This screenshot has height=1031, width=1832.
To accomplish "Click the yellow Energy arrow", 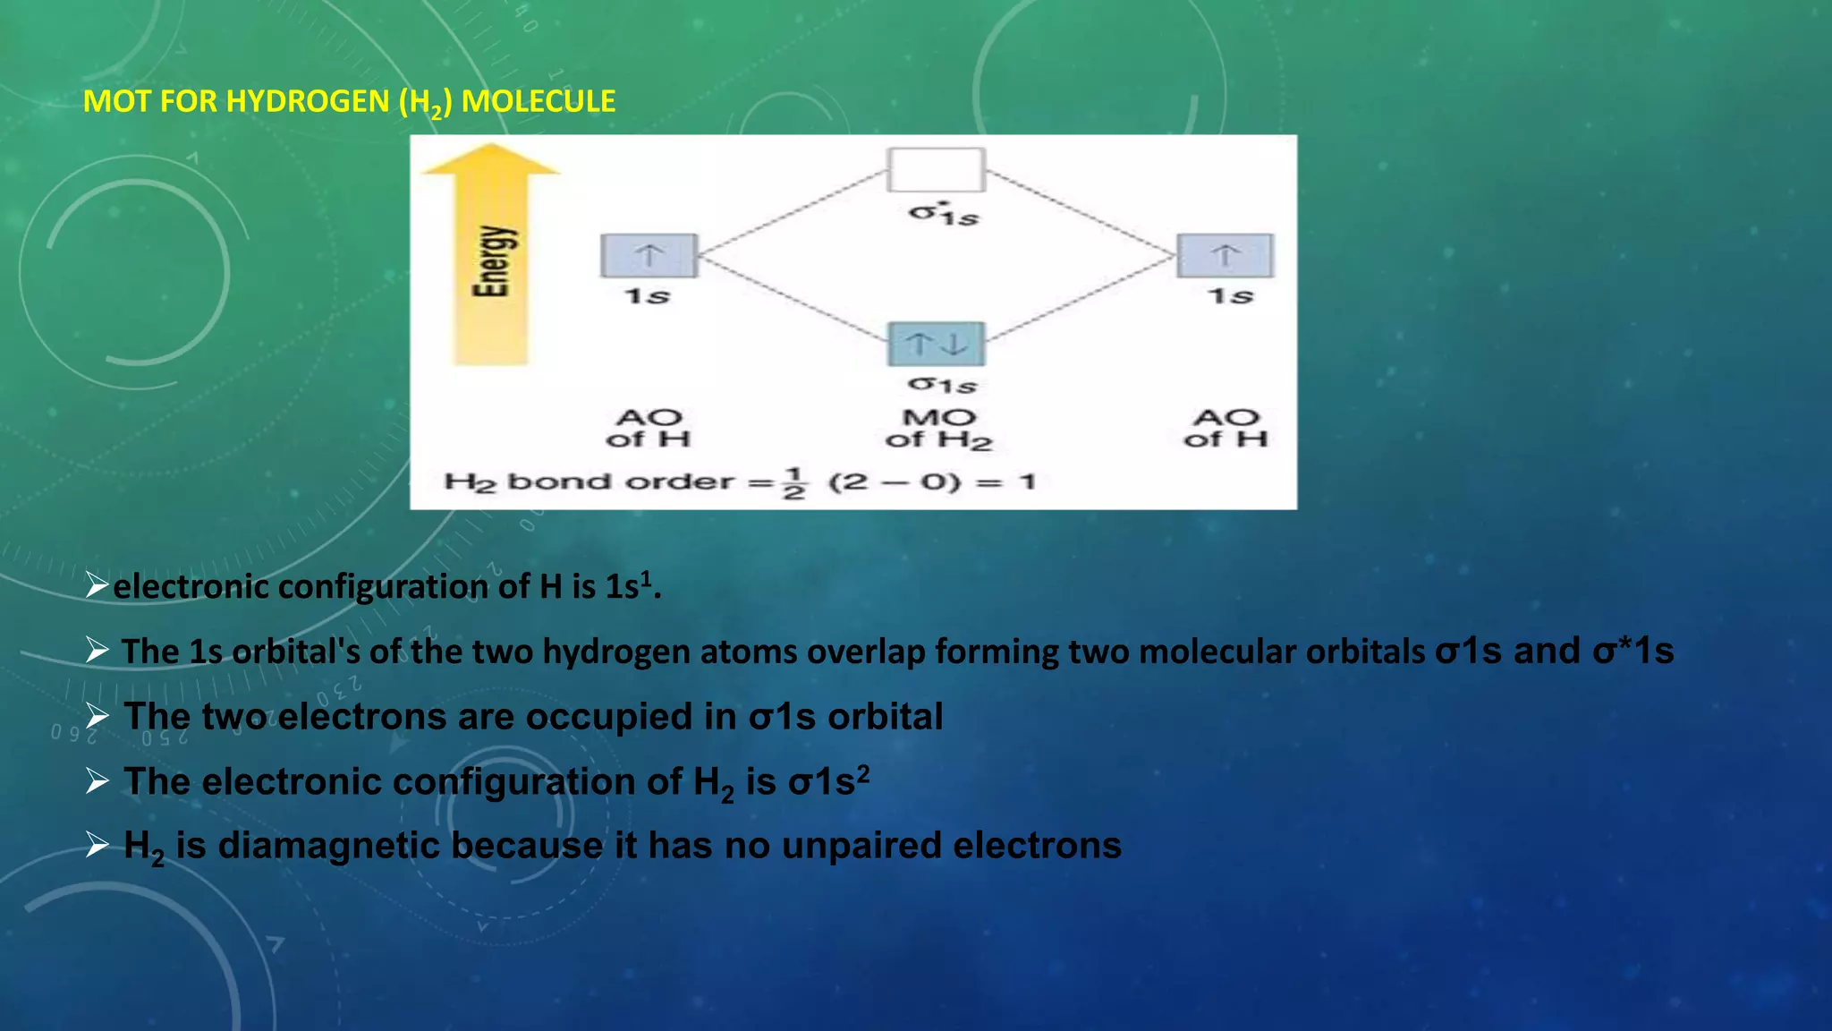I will [x=490, y=260].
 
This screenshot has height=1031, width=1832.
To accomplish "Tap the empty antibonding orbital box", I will [x=936, y=170].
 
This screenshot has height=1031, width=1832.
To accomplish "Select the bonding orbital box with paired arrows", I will [x=936, y=344].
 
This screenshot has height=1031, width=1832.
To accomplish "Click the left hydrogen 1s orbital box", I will [x=649, y=255].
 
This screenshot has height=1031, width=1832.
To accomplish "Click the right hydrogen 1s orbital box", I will [x=1225, y=255].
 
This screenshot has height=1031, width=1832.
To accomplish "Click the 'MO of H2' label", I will [x=938, y=429].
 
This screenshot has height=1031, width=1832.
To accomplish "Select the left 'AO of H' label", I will [x=649, y=428].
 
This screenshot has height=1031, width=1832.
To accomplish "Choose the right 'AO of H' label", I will [x=1226, y=428].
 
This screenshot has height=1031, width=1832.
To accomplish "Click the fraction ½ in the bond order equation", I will [x=793, y=482].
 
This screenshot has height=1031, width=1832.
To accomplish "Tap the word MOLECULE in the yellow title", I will [x=539, y=101].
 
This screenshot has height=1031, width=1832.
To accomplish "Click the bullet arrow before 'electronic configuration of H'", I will [x=97, y=586].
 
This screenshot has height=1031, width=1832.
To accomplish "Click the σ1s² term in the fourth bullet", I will [x=828, y=781].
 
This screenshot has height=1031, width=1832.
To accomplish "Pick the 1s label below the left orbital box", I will [x=647, y=296].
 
